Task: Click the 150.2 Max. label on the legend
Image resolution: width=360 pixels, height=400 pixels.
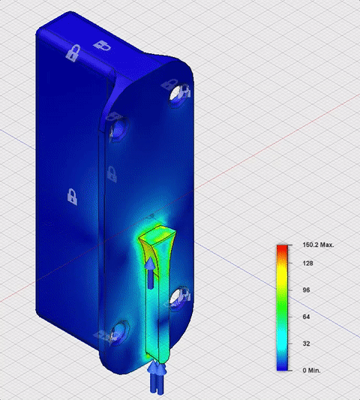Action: pos(318,245)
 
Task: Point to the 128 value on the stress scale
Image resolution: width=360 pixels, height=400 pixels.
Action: pos(307,263)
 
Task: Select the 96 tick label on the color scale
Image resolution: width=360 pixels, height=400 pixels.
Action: pos(306,290)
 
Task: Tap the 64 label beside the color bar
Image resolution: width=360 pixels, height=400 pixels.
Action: pos(306,317)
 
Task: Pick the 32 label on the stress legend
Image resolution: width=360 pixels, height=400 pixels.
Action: pos(306,344)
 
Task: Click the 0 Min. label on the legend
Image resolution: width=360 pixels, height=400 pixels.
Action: pos(311,371)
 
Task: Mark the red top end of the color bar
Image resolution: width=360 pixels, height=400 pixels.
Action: pos(282,248)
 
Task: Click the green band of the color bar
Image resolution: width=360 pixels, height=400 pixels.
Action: pos(282,305)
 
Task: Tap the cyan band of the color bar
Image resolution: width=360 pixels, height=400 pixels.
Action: pos(282,337)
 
